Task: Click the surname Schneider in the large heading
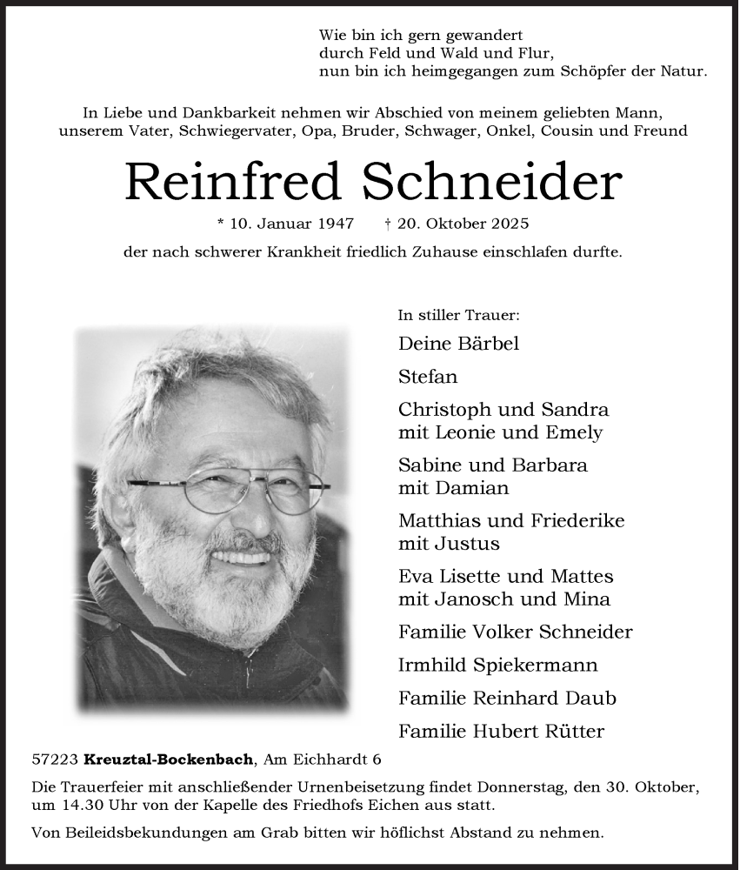point(491,182)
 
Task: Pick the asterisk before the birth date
point(222,224)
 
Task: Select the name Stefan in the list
point(428,378)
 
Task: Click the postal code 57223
point(55,760)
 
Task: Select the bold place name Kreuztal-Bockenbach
point(170,760)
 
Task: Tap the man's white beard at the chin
point(222,609)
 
